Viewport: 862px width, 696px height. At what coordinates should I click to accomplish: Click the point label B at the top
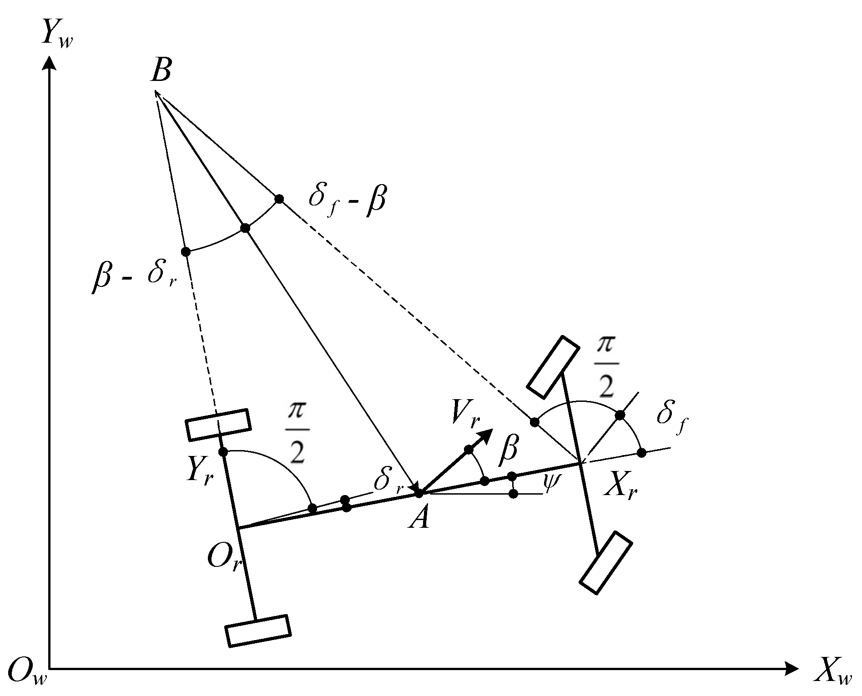[x=161, y=71]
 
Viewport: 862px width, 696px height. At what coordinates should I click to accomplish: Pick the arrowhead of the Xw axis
[x=791, y=668]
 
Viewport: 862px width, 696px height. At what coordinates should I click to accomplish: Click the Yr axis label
[x=200, y=475]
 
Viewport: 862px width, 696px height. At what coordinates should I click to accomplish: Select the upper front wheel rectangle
[x=553, y=367]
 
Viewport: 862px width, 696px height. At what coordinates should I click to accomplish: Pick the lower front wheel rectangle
[x=606, y=562]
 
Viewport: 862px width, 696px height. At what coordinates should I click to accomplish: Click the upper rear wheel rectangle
[x=218, y=425]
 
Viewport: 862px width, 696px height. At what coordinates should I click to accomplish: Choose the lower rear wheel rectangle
[x=258, y=630]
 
